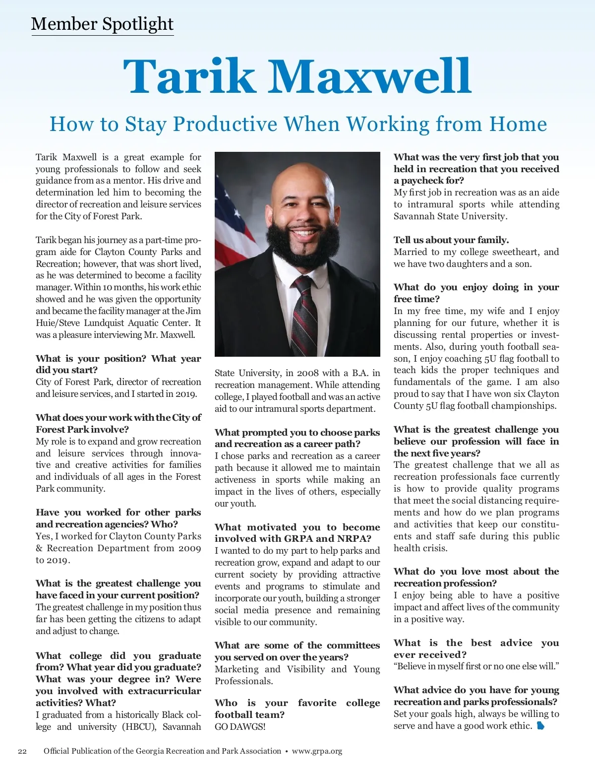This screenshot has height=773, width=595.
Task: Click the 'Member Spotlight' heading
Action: tap(102, 24)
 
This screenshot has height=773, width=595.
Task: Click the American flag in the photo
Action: tap(231, 218)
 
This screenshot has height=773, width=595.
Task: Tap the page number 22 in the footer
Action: tap(22, 751)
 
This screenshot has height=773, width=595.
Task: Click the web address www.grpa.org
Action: tap(317, 751)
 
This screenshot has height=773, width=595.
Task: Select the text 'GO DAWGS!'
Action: tap(240, 727)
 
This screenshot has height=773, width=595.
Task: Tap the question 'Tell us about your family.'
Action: tap(451, 240)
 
